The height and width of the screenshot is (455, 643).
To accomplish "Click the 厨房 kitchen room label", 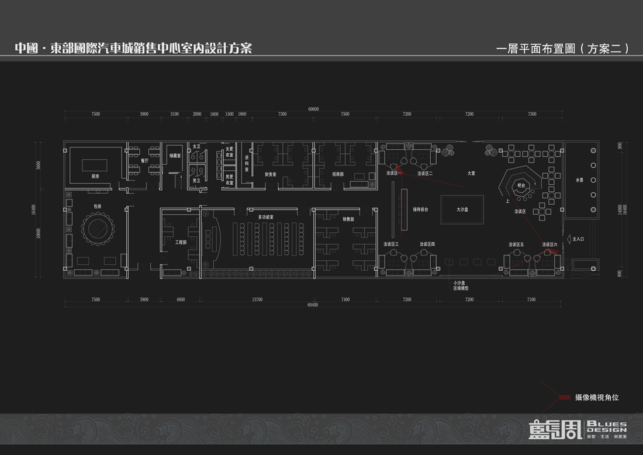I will [95, 176].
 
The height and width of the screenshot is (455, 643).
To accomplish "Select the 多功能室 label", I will [266, 217].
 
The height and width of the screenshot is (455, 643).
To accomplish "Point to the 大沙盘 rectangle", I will [462, 209].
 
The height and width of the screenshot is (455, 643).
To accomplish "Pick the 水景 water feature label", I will [580, 180].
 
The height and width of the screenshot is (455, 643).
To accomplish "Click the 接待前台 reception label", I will [420, 209].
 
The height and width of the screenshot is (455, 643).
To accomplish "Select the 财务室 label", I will [271, 174].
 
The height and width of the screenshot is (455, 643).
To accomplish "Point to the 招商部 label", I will [338, 174].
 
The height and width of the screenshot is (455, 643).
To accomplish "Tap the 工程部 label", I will [181, 242].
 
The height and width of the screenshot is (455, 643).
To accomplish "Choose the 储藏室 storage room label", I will [175, 156].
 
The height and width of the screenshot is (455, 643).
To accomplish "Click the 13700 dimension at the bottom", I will [257, 299].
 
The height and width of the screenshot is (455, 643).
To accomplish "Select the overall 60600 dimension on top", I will [314, 109].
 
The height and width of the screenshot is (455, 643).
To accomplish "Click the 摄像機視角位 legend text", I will [597, 398].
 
